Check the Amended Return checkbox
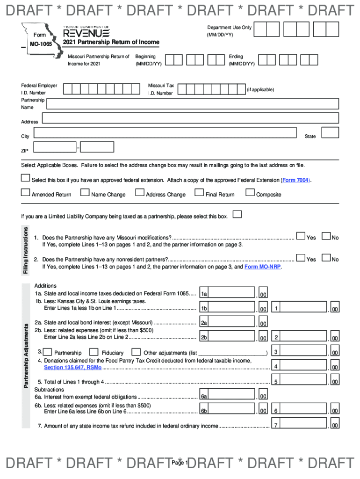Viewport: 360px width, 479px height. pyautogui.click(x=25, y=192)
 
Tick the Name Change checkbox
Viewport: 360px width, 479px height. pyautogui.click(x=85, y=192)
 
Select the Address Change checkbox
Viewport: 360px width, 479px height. pyautogui.click(x=139, y=192)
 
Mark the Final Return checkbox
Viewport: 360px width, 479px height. pyautogui.click(x=199, y=192)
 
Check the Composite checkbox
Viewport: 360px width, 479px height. pyautogui.click(x=250, y=192)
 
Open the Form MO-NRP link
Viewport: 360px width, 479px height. pyautogui.click(x=263, y=267)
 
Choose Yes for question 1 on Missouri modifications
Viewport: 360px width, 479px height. pyautogui.click(x=301, y=237)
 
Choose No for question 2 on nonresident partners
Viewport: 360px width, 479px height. pyautogui.click(x=327, y=258)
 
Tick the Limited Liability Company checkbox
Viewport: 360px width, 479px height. pyautogui.click(x=238, y=215)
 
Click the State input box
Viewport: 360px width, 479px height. pyautogui.click(x=331, y=133)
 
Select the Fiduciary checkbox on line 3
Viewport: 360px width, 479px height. pyautogui.click(x=94, y=352)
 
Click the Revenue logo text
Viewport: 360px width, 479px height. pyautogui.click(x=86, y=33)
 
